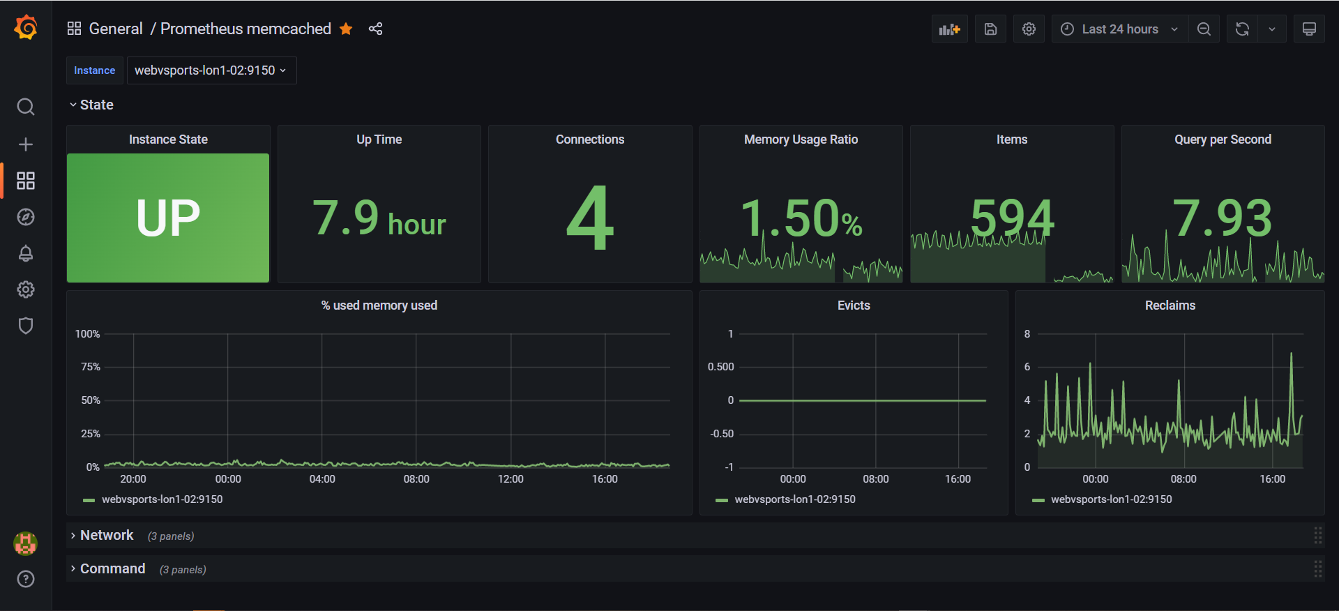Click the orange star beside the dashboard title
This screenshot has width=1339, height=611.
tap(346, 29)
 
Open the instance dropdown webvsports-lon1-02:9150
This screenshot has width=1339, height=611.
tap(211, 70)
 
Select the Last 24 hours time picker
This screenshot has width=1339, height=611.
tap(1119, 29)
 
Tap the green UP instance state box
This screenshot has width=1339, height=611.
tap(168, 218)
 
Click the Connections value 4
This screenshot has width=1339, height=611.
tap(590, 218)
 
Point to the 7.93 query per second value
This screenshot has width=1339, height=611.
tap(1223, 218)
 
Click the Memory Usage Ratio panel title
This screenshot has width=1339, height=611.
tap(801, 139)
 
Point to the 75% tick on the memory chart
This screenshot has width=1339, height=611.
tap(91, 367)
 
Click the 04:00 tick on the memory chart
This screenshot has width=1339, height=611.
tap(322, 479)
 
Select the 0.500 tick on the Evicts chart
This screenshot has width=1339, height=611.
tap(720, 367)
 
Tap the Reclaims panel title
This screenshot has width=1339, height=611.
tap(1170, 305)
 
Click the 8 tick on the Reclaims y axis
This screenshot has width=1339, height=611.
tap(1027, 334)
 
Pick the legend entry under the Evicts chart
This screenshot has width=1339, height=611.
tap(786, 499)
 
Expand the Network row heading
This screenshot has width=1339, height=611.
tap(107, 535)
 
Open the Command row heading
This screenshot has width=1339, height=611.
tap(113, 568)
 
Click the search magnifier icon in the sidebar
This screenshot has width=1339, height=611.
tap(26, 107)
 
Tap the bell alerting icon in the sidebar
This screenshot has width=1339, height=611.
tap(26, 253)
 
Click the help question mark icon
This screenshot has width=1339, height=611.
tap(26, 579)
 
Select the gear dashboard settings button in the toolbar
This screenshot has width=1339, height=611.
tap(1029, 29)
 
